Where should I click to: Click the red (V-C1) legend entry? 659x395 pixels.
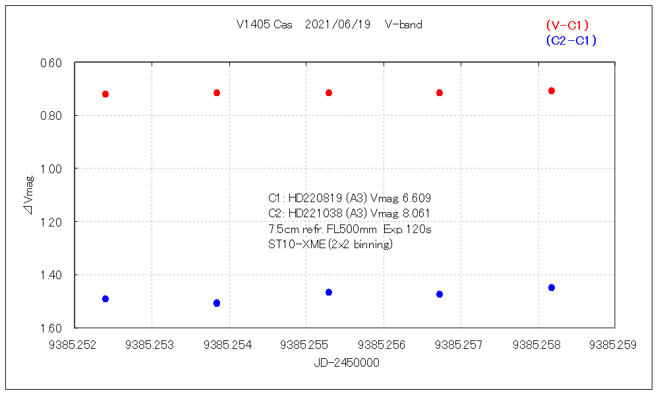(x=567, y=25)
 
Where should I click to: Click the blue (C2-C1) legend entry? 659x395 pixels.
(x=571, y=41)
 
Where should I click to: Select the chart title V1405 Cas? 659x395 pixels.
(x=264, y=25)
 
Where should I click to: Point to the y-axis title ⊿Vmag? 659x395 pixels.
(x=29, y=195)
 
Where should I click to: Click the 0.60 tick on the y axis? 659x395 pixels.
(x=51, y=63)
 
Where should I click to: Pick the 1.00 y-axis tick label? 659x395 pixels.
(x=51, y=169)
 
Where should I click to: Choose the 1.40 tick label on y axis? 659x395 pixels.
(x=51, y=275)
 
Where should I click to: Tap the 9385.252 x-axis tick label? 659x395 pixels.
(x=76, y=344)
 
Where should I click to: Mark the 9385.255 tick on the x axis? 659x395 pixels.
(x=306, y=344)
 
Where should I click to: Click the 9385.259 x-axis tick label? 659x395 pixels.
(x=614, y=344)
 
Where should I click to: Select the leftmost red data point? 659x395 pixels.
(x=105, y=94)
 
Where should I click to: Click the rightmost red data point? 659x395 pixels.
(x=552, y=91)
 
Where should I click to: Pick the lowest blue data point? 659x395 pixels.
(x=217, y=303)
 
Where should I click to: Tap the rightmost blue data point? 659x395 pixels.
(x=552, y=288)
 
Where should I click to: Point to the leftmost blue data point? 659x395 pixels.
(x=105, y=299)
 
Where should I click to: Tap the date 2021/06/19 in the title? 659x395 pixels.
(x=337, y=25)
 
